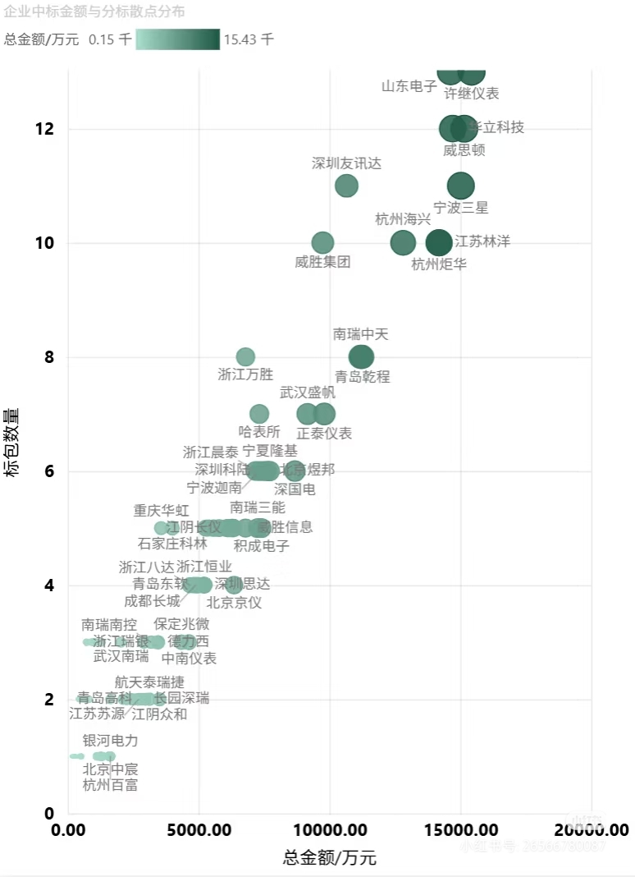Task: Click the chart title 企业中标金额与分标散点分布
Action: (x=94, y=11)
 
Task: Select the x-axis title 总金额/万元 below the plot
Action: (x=329, y=858)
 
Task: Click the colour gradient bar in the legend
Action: (x=177, y=39)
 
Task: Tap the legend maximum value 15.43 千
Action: (x=249, y=39)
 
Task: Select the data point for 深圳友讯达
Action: (x=347, y=186)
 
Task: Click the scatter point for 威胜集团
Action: (x=323, y=243)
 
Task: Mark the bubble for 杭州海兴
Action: (x=403, y=243)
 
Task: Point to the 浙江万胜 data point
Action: (x=245, y=357)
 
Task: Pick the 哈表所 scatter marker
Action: (x=259, y=414)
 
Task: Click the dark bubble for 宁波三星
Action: (x=461, y=186)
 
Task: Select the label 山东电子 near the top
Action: (x=409, y=86)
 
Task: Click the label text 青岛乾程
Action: (x=362, y=377)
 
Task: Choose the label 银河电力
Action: (x=110, y=741)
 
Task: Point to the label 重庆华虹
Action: (x=162, y=511)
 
